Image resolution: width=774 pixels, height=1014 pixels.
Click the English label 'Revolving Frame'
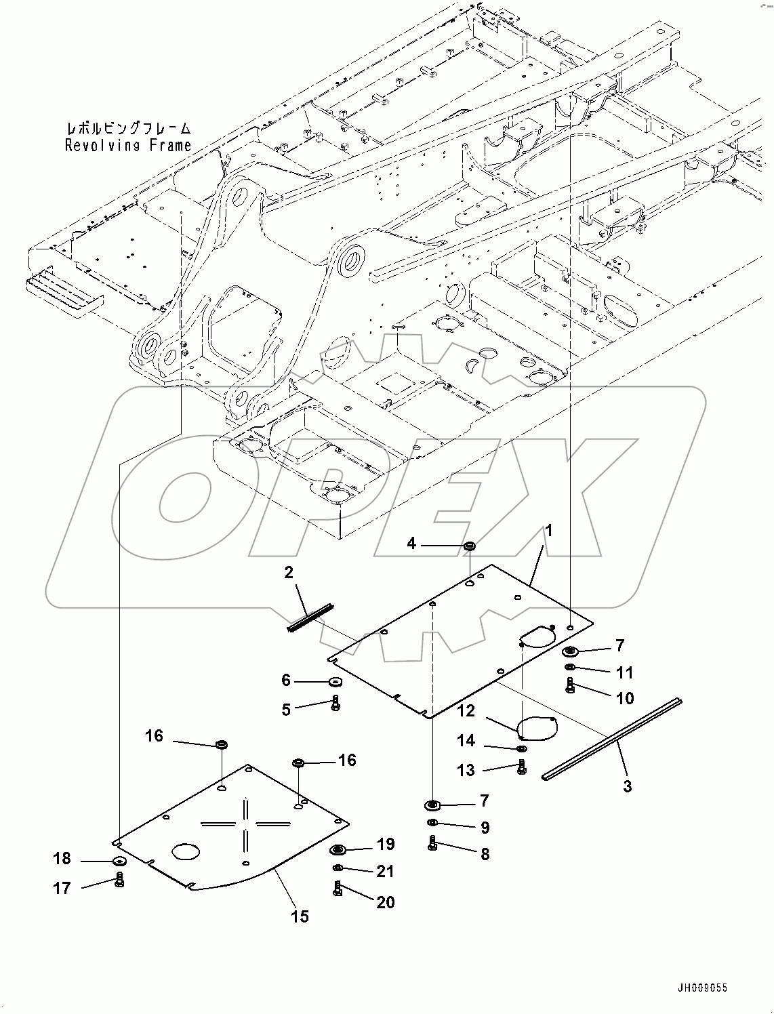(x=127, y=145)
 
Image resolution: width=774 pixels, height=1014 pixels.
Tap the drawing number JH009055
(x=700, y=988)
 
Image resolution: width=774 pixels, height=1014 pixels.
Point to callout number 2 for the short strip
(x=289, y=573)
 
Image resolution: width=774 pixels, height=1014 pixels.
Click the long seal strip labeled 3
(x=612, y=739)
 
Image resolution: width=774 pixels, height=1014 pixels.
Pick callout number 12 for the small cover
(x=466, y=711)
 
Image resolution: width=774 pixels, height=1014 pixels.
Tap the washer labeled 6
(x=335, y=681)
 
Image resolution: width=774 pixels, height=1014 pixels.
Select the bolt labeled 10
(x=570, y=686)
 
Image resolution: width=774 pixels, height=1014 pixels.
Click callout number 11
(x=624, y=672)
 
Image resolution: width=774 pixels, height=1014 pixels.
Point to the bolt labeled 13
(x=521, y=767)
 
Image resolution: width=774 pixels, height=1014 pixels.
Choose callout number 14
(x=466, y=741)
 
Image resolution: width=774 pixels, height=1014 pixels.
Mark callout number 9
(x=485, y=828)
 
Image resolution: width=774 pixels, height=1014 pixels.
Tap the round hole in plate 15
(x=186, y=851)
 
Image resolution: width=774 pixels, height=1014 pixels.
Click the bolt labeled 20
(x=338, y=889)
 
